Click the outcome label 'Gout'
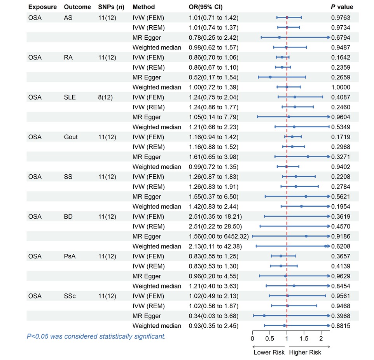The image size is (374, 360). [71, 137]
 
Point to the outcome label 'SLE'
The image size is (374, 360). [70, 97]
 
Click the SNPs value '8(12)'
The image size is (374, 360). [105, 97]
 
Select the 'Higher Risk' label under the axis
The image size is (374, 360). [305, 353]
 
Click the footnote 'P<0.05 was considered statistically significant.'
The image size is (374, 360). [96, 336]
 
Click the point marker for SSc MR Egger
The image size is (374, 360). [264, 316]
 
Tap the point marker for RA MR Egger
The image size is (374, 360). [270, 77]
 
